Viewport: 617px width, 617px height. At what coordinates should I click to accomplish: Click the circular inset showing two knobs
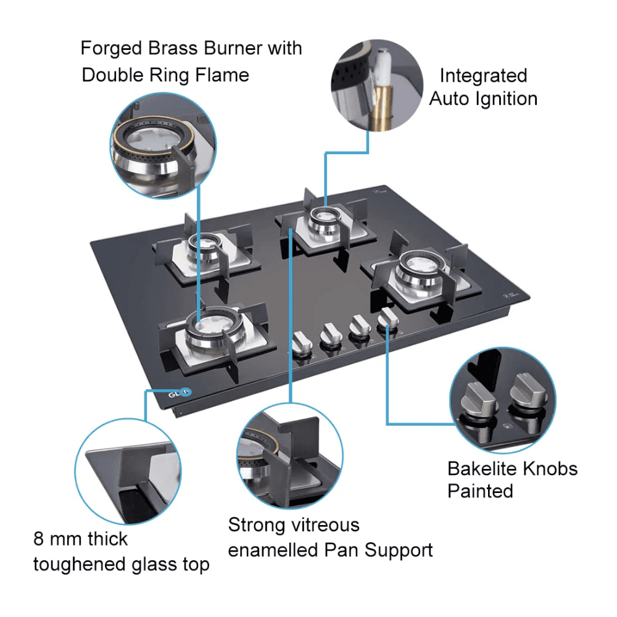coord(503,401)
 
